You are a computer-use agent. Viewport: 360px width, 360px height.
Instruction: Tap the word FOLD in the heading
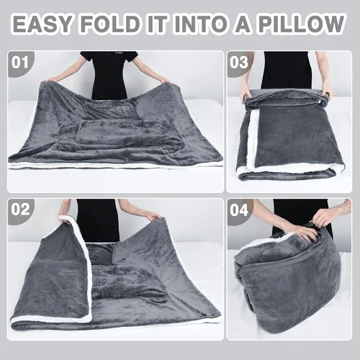pyautogui.click(x=110, y=24)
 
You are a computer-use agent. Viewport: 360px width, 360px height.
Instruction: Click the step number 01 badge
pyautogui.click(x=20, y=63)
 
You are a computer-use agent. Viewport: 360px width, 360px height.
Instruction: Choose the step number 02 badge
pyautogui.click(x=20, y=210)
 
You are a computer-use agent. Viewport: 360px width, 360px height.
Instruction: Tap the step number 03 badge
pyautogui.click(x=239, y=63)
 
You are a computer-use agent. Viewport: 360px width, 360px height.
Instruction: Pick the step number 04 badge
pyautogui.click(x=239, y=210)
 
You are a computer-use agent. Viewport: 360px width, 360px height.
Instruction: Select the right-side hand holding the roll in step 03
pyautogui.click(x=327, y=93)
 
